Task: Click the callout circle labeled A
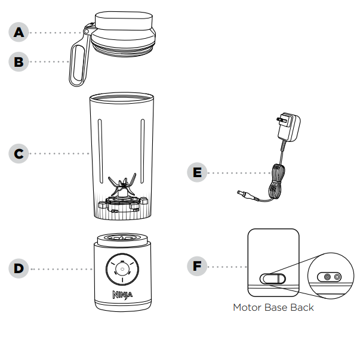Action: [20, 33]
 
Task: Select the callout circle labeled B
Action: [20, 61]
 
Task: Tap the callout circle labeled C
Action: [20, 153]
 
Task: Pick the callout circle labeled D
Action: [20, 268]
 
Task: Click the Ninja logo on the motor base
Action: [121, 295]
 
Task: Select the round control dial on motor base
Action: [121, 269]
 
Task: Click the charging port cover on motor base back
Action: [272, 278]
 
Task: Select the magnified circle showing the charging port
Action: [330, 277]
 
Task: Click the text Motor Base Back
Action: [273, 308]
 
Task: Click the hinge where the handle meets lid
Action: [87, 30]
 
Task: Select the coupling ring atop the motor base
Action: [121, 237]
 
